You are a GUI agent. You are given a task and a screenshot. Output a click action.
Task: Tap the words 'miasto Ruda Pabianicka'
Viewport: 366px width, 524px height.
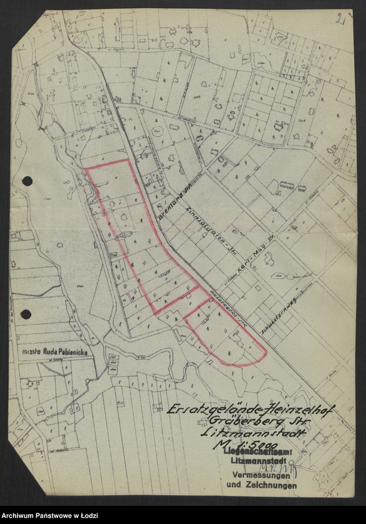(54, 352)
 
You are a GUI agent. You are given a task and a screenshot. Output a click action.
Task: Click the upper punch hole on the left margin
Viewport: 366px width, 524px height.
(27, 181)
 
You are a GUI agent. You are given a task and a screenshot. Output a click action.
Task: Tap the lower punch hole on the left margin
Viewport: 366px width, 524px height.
(26, 314)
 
